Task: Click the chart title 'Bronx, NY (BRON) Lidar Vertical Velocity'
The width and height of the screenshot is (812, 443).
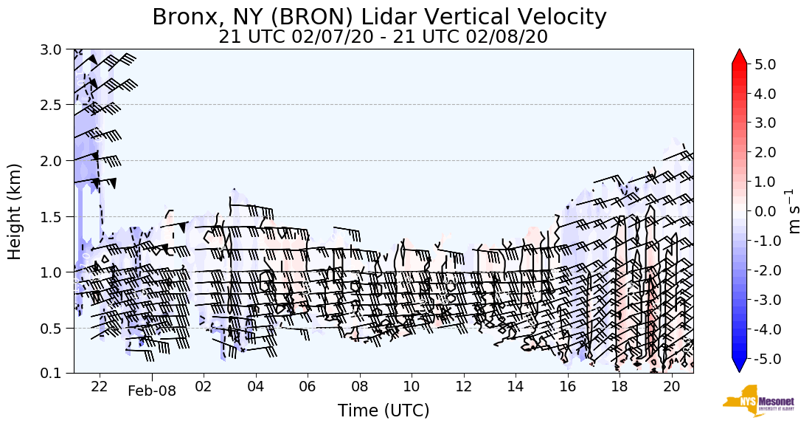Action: click(x=379, y=17)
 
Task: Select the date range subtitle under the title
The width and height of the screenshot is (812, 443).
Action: click(x=383, y=37)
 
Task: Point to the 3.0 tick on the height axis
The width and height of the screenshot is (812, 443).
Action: click(x=55, y=49)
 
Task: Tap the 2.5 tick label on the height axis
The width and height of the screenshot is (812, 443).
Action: click(x=55, y=105)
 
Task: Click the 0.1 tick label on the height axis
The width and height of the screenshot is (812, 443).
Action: click(x=55, y=373)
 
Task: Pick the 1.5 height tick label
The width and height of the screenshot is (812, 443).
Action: click(x=55, y=216)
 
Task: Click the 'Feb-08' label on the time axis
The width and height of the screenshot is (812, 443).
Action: click(x=152, y=391)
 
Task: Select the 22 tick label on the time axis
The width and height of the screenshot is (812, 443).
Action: click(x=100, y=386)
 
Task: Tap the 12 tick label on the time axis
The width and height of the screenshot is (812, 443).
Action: click(x=463, y=386)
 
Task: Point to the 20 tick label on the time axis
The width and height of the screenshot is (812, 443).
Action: click(x=671, y=386)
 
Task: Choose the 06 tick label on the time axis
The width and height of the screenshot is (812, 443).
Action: click(x=308, y=386)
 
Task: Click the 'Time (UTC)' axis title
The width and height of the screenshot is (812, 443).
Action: click(x=383, y=411)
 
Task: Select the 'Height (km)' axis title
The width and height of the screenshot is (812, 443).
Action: click(x=15, y=211)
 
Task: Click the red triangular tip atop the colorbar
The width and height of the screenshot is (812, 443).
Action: click(x=739, y=57)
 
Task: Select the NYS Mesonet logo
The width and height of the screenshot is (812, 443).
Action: click(x=753, y=401)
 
